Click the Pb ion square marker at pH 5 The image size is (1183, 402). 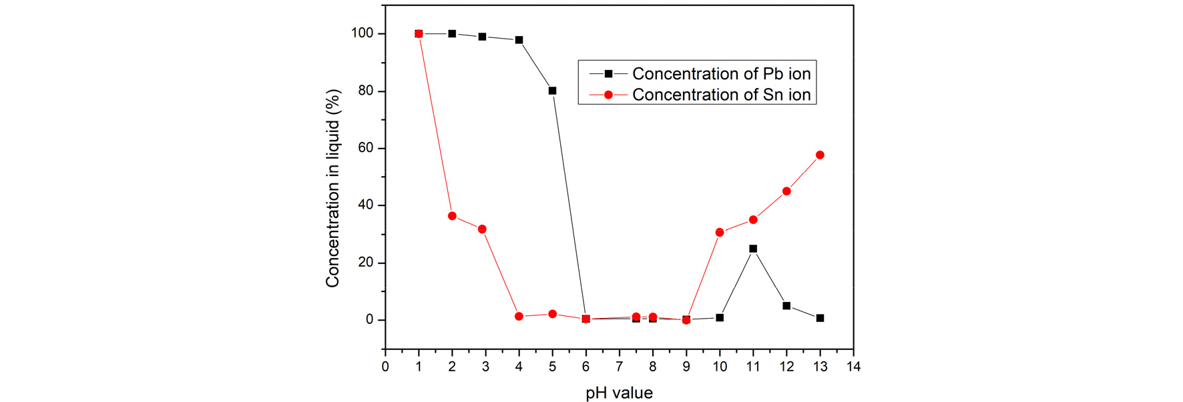pyautogui.click(x=552, y=91)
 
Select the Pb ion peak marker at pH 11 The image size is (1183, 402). pyautogui.click(x=753, y=249)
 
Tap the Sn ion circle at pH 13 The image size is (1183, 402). pyautogui.click(x=820, y=155)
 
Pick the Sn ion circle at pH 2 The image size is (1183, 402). pyautogui.click(x=452, y=216)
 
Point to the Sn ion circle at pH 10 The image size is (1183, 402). pyautogui.click(x=720, y=233)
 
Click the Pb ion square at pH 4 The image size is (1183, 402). pyautogui.click(x=519, y=40)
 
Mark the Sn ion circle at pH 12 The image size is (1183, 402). pyautogui.click(x=786, y=191)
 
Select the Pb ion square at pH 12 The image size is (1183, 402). pyautogui.click(x=786, y=306)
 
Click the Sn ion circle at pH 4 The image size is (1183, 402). pyautogui.click(x=519, y=317)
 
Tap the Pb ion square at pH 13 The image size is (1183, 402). pyautogui.click(x=820, y=319)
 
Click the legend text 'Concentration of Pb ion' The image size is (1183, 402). pyautogui.click(x=721, y=73)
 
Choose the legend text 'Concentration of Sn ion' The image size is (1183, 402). pyautogui.click(x=721, y=95)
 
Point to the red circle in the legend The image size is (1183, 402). pyautogui.click(x=608, y=95)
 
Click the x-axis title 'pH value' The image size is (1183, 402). pyautogui.click(x=619, y=393)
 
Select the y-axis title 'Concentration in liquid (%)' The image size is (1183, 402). pyautogui.click(x=332, y=189)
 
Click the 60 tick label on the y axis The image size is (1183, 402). pyautogui.click(x=366, y=148)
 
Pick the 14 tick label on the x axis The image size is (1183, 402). pyautogui.click(x=853, y=367)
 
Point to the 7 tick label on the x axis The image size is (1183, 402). pyautogui.click(x=619, y=367)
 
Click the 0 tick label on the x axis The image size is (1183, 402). pyautogui.click(x=385, y=367)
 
